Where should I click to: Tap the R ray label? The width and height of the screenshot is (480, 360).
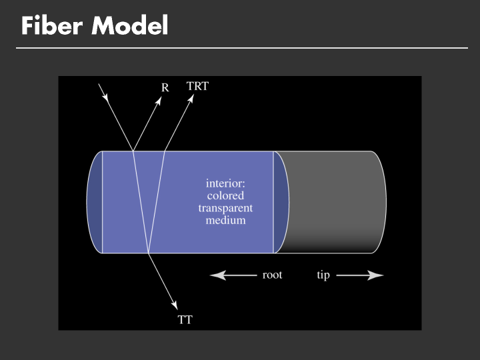point(165,87)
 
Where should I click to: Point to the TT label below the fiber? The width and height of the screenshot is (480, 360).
point(185,320)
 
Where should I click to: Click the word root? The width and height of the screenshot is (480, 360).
point(272,275)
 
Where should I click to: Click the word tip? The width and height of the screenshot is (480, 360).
point(323,275)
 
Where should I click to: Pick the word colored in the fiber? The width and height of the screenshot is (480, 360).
point(226,196)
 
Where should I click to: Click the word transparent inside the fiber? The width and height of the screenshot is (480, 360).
point(226,208)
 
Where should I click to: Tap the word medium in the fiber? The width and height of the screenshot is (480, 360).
point(226,220)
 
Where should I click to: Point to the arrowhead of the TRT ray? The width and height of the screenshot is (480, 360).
point(191,97)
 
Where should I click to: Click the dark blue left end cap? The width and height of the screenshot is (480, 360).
point(95,202)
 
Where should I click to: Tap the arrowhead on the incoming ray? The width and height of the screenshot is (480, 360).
point(107,98)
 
